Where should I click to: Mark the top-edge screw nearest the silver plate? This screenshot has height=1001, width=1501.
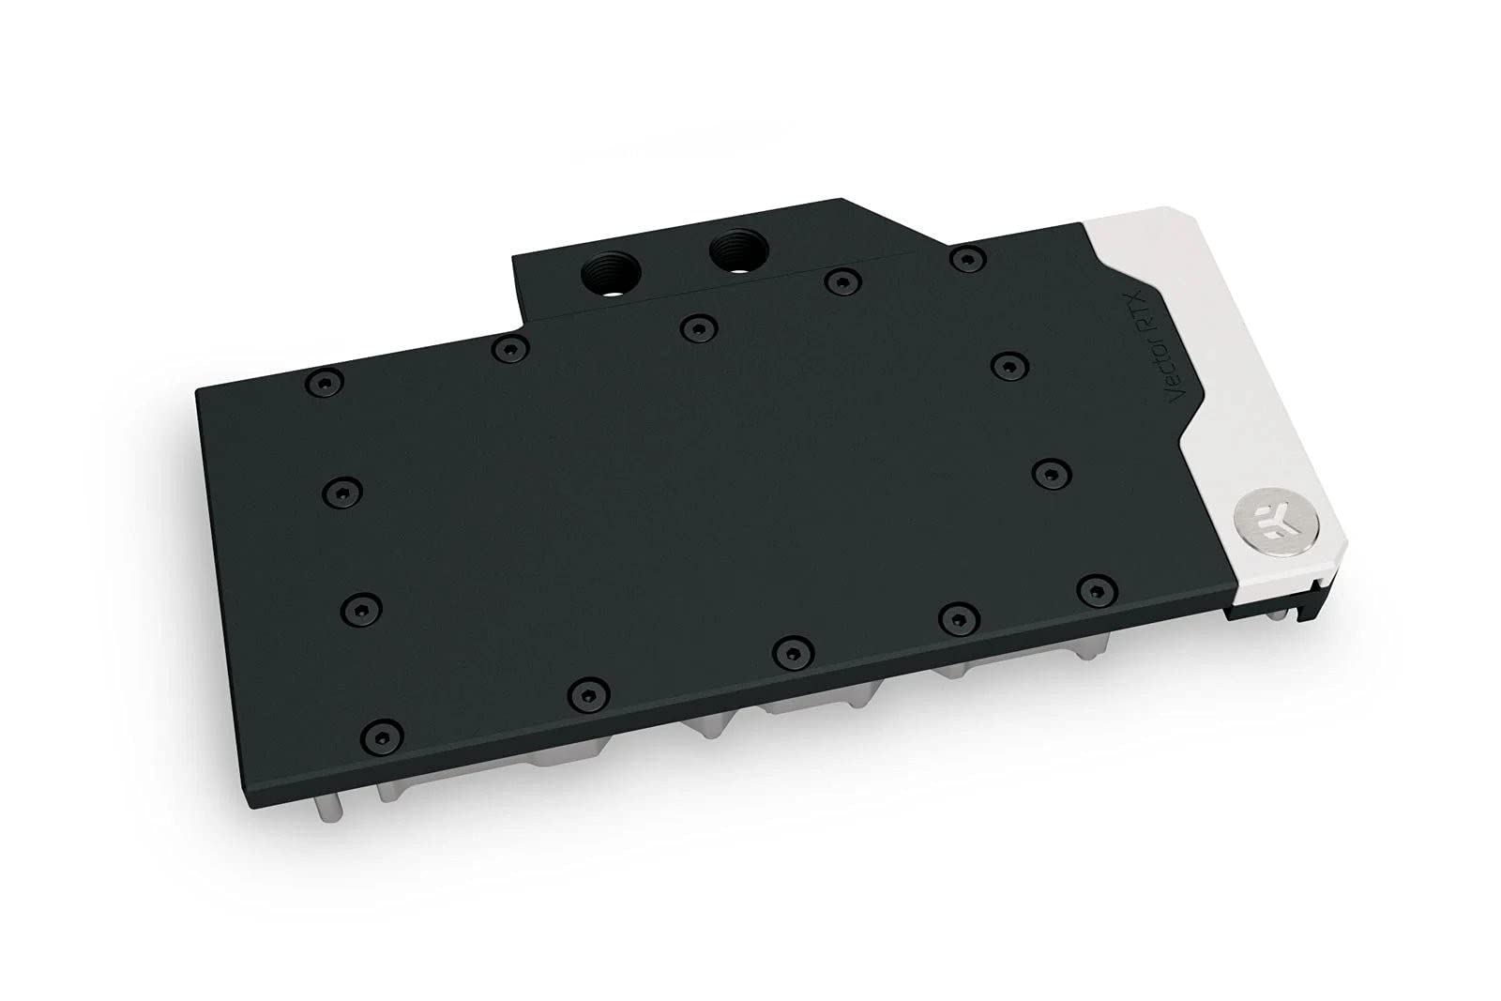coord(966,256)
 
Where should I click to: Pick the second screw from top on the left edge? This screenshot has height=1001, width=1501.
coord(343,490)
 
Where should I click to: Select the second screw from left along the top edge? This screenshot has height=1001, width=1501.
coord(508,349)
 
